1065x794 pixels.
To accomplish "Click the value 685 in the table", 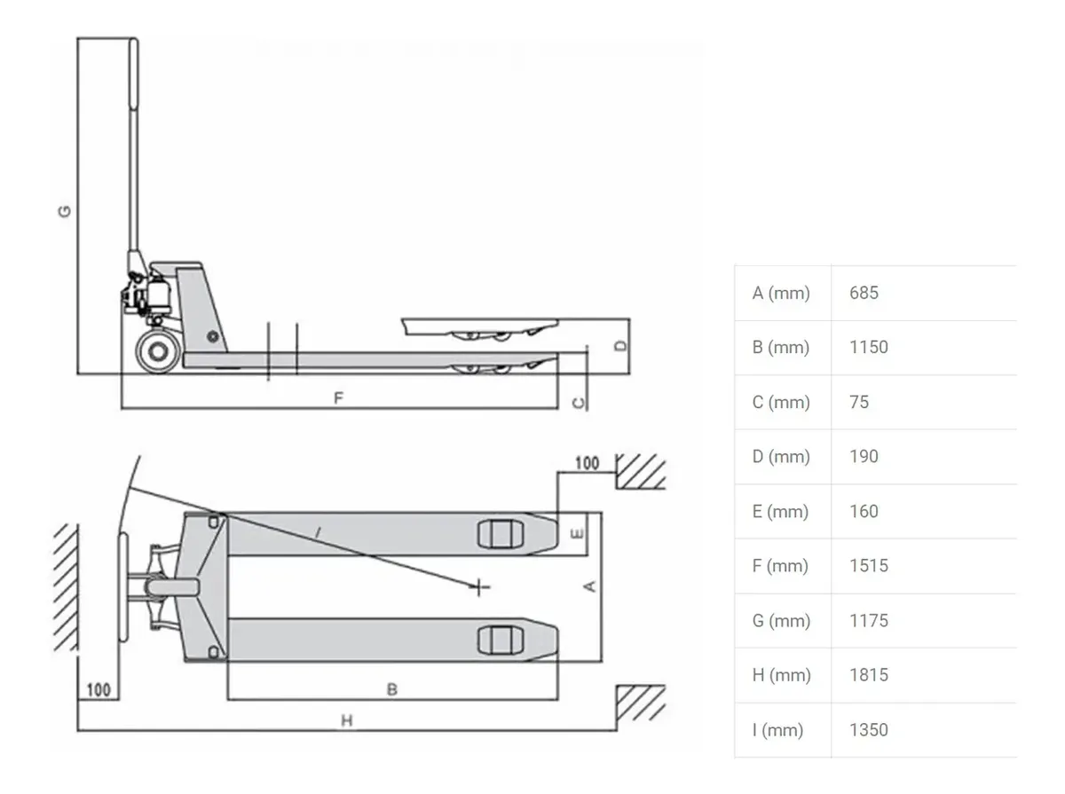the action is tap(864, 293).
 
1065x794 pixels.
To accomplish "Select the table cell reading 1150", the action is tap(868, 347).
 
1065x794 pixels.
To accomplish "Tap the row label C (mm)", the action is tap(781, 402).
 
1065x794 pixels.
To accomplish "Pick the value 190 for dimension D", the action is tap(864, 456).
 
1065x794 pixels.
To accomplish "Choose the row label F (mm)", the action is tap(780, 565).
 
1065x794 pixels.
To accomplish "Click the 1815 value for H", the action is tap(868, 675).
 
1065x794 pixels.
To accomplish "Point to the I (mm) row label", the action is tap(777, 729).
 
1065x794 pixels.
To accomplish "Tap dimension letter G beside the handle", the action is tap(65, 211).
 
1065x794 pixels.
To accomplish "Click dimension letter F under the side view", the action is tap(339, 398).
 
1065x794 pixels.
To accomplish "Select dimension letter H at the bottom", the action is tap(346, 720).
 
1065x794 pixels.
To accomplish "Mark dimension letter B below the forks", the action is tap(392, 688).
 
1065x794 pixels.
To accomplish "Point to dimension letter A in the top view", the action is tap(589, 586).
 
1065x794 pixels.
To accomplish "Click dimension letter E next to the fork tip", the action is tap(578, 533).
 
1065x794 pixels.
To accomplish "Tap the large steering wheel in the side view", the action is tap(158, 351).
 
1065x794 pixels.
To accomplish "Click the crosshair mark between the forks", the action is tap(479, 587).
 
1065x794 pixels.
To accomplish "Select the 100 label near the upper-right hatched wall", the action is tap(587, 463).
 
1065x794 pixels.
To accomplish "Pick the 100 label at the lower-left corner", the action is tap(99, 689).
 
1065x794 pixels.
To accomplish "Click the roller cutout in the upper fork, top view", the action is tap(501, 534).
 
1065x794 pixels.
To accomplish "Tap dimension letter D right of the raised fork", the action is tap(620, 346).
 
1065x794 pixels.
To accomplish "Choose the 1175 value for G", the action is tap(868, 620).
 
